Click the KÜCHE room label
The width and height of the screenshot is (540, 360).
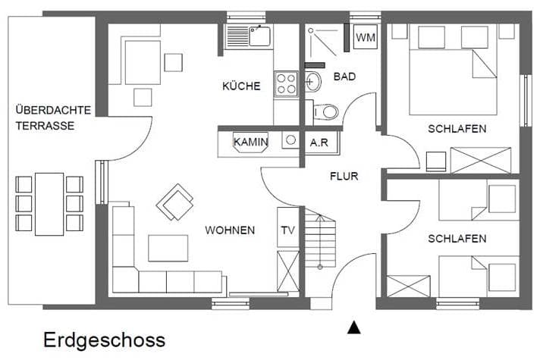241,86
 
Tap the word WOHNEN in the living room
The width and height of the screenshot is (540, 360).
230,230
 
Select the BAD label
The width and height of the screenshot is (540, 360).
344,77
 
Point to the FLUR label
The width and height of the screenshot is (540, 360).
344,177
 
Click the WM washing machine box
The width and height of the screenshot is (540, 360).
366,37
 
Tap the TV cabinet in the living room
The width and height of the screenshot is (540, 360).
288,227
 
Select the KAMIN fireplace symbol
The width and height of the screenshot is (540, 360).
251,142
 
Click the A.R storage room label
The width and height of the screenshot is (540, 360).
319,142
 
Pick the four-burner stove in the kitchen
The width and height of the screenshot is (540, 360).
286,84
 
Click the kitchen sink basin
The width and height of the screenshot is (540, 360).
259,36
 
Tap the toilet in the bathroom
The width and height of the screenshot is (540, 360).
325,112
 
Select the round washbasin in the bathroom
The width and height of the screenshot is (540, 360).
312,82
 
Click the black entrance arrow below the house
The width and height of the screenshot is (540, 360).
353,327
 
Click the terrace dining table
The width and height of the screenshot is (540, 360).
49,204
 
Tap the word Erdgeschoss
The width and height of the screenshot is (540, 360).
104,340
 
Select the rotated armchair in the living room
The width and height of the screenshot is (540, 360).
174,202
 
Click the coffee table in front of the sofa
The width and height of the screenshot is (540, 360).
168,248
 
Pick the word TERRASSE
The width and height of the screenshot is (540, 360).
45,126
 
